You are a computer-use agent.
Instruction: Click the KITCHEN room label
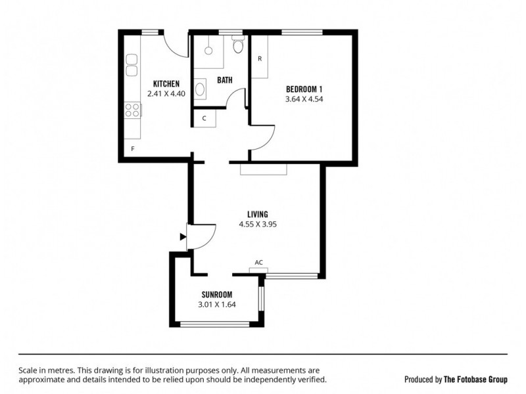click(166, 83)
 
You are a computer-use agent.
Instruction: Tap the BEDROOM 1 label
click(304, 89)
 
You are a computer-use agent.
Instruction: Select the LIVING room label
click(257, 213)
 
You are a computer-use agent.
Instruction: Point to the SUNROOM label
click(216, 294)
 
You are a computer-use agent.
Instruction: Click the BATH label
click(224, 81)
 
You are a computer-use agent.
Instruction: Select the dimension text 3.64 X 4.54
click(304, 99)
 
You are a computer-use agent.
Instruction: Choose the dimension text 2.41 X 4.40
click(166, 94)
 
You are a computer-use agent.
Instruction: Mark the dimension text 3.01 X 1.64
click(216, 305)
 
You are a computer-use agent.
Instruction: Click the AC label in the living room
click(259, 263)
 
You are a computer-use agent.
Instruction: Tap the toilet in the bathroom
click(238, 45)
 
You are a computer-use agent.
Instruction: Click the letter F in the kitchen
click(133, 149)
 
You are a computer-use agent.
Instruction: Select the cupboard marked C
click(204, 118)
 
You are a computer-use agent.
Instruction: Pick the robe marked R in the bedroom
click(260, 58)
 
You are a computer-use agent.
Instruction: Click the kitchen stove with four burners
click(132, 110)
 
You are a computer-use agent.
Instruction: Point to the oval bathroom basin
click(200, 89)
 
